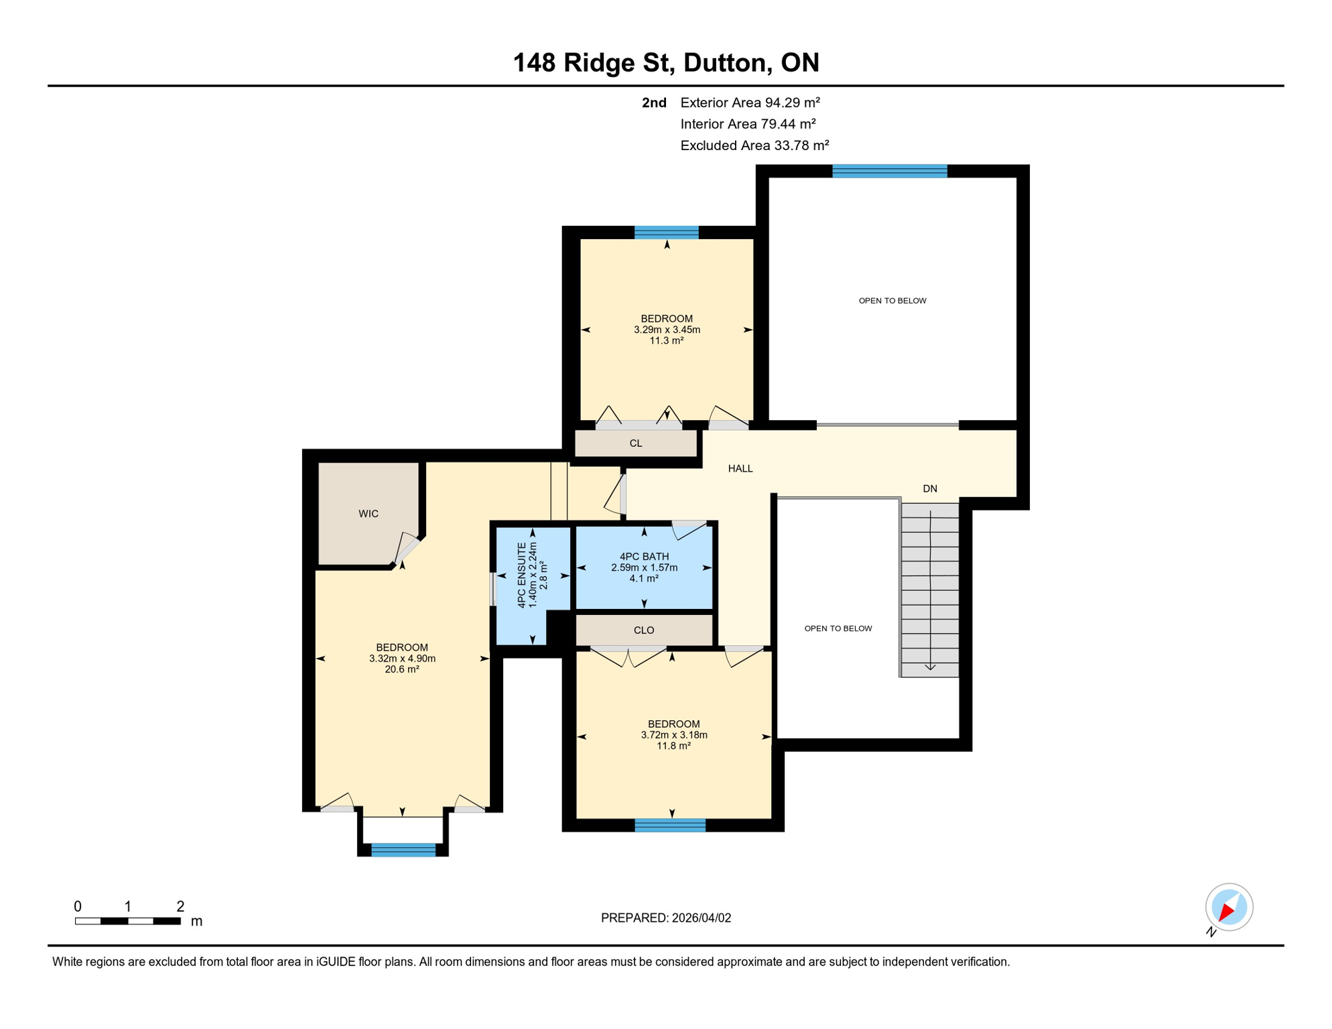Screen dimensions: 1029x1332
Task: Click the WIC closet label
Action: coord(369,514)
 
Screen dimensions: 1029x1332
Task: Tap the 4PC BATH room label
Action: coord(644,557)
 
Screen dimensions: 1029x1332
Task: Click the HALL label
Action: coord(740,469)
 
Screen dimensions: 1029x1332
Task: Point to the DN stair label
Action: coord(930,489)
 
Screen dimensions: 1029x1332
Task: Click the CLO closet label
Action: coord(644,630)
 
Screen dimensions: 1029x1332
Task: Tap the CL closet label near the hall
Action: coord(636,443)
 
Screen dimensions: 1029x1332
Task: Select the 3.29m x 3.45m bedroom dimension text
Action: coord(667,330)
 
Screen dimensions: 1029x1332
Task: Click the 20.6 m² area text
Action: coord(402,669)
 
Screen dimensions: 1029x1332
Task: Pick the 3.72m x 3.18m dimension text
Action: coord(674,735)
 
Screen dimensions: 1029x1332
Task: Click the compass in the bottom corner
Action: coord(1229,908)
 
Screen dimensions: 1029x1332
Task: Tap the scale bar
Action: coord(127,921)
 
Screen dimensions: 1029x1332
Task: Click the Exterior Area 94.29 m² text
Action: coord(750,102)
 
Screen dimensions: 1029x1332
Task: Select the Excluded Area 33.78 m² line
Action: coord(754,145)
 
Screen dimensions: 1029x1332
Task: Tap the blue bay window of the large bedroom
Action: coord(403,850)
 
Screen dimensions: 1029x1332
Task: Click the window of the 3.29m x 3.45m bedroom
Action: coord(667,232)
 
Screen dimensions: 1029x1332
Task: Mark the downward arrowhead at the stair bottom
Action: coord(931,667)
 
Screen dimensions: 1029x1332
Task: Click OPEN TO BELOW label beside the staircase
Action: coord(838,628)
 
